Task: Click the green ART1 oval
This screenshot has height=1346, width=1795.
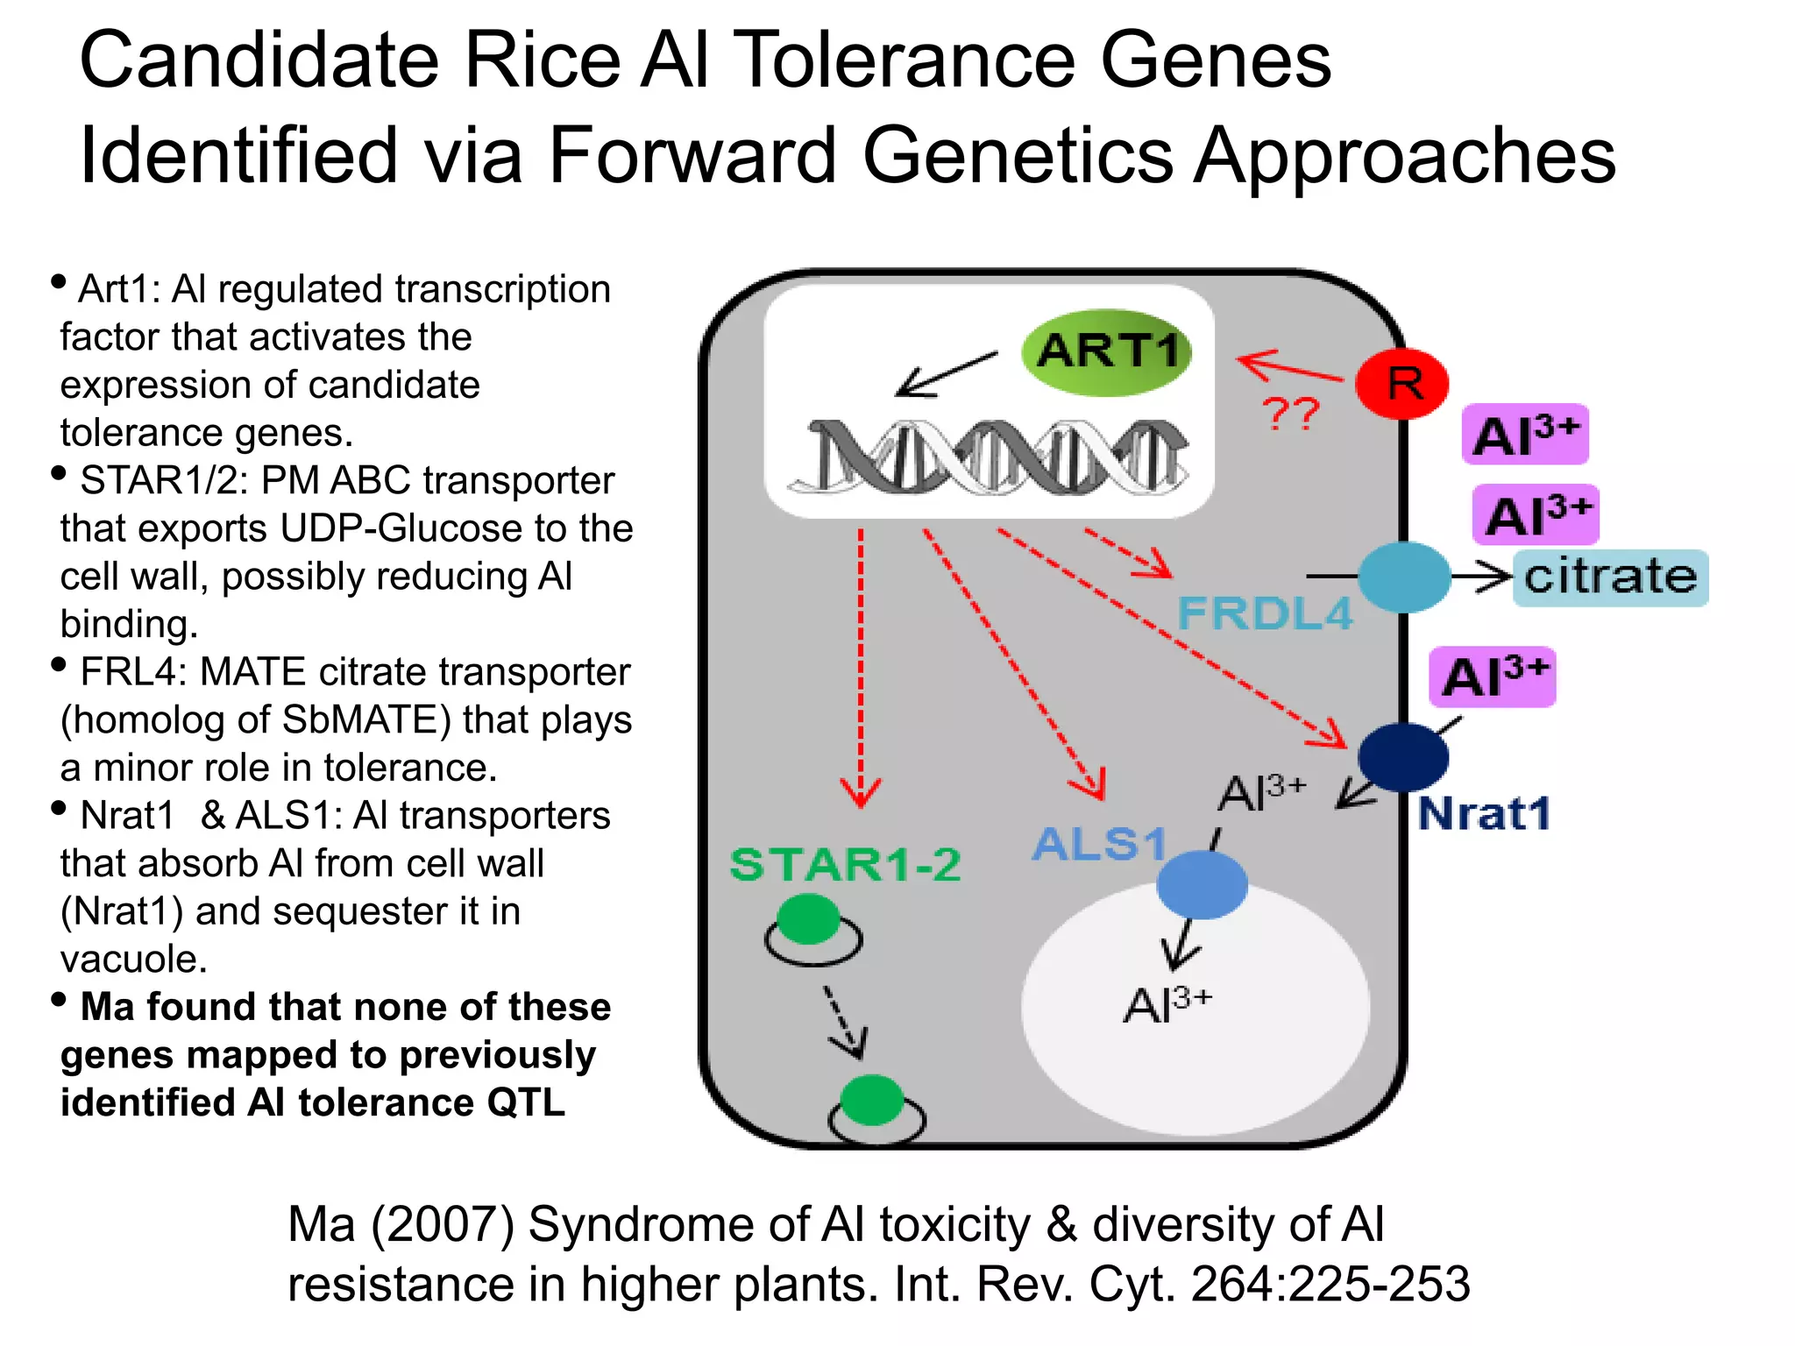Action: click(1107, 352)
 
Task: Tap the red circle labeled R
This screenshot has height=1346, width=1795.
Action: click(1401, 384)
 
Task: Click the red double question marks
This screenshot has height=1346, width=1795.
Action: click(1291, 414)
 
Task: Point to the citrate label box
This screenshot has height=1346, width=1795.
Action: click(1611, 577)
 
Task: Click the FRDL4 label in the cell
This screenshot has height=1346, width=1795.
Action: click(1265, 613)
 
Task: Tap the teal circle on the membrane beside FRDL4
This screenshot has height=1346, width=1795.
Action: click(1403, 577)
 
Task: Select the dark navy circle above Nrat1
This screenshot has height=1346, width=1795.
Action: click(1402, 756)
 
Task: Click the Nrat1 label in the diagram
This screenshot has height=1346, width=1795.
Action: click(1484, 813)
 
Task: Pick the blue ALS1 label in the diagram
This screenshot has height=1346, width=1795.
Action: click(1099, 845)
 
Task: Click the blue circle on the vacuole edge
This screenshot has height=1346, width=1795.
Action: click(1202, 884)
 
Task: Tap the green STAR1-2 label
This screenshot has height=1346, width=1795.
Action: click(845, 865)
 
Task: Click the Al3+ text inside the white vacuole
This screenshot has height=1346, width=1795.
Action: click(1167, 1004)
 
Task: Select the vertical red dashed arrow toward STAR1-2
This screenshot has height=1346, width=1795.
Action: click(861, 666)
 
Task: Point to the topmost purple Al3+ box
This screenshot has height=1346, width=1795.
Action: click(1525, 435)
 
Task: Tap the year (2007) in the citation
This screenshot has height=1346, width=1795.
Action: click(443, 1224)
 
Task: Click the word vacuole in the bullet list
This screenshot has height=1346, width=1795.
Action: click(133, 959)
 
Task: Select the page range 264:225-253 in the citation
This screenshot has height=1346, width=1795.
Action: click(1330, 1285)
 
